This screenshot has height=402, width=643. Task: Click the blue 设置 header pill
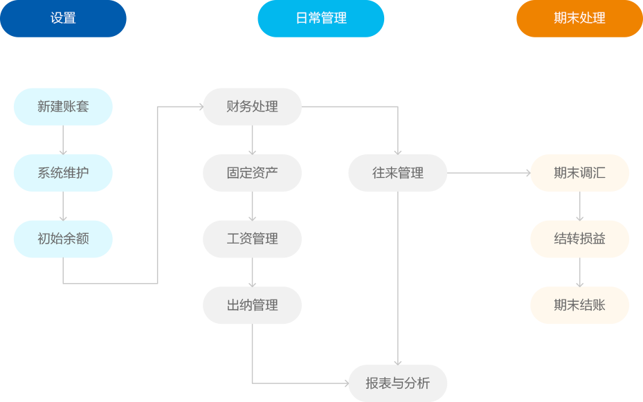tap(63, 19)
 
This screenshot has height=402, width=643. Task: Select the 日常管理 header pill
tap(320, 19)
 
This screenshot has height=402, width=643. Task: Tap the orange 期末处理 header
tap(579, 19)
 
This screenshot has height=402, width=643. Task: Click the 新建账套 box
tap(63, 107)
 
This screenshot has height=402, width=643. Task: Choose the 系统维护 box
tap(63, 173)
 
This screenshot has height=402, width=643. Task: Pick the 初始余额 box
tap(63, 239)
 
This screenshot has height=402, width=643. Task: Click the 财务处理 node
tap(252, 107)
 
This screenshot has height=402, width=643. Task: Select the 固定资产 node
tap(252, 173)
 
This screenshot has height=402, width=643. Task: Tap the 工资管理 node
tap(252, 239)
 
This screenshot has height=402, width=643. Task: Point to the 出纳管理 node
tap(252, 305)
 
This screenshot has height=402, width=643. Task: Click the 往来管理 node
tap(397, 173)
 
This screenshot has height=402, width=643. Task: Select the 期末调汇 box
tap(579, 173)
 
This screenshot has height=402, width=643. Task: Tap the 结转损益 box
tap(579, 239)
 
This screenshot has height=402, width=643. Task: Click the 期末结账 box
tap(579, 305)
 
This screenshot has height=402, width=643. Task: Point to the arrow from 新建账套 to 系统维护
tap(63, 140)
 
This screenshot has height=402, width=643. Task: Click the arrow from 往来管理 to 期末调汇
tap(488, 173)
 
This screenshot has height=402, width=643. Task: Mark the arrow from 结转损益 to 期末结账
tap(579, 272)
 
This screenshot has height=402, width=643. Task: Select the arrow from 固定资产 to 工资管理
tap(252, 205)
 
